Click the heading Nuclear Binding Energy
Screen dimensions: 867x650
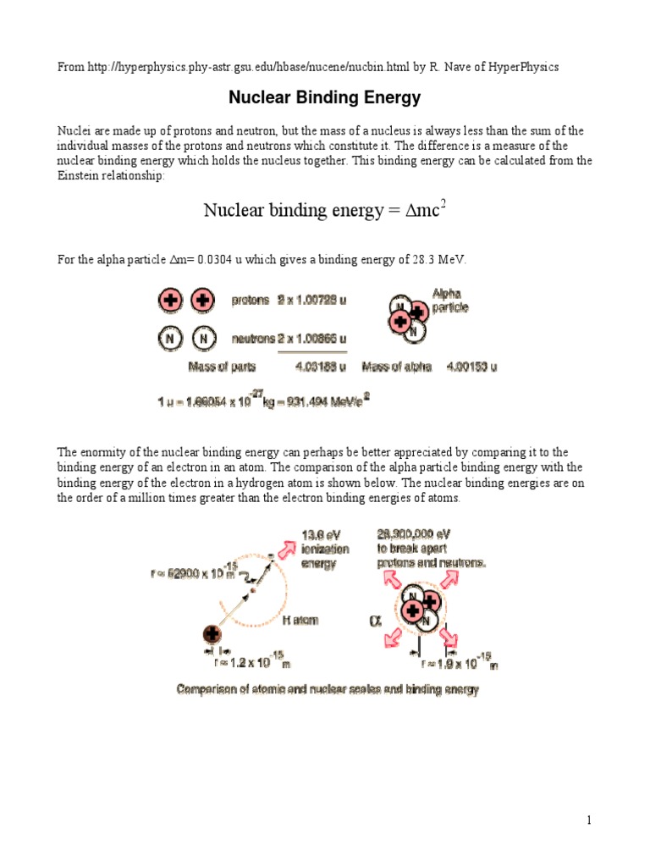[x=325, y=98]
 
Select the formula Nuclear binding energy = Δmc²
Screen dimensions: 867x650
[x=325, y=210]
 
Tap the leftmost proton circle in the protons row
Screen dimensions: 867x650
[x=170, y=301]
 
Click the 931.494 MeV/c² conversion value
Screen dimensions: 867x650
[x=325, y=402]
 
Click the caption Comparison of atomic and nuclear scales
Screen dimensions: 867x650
[x=327, y=689]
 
